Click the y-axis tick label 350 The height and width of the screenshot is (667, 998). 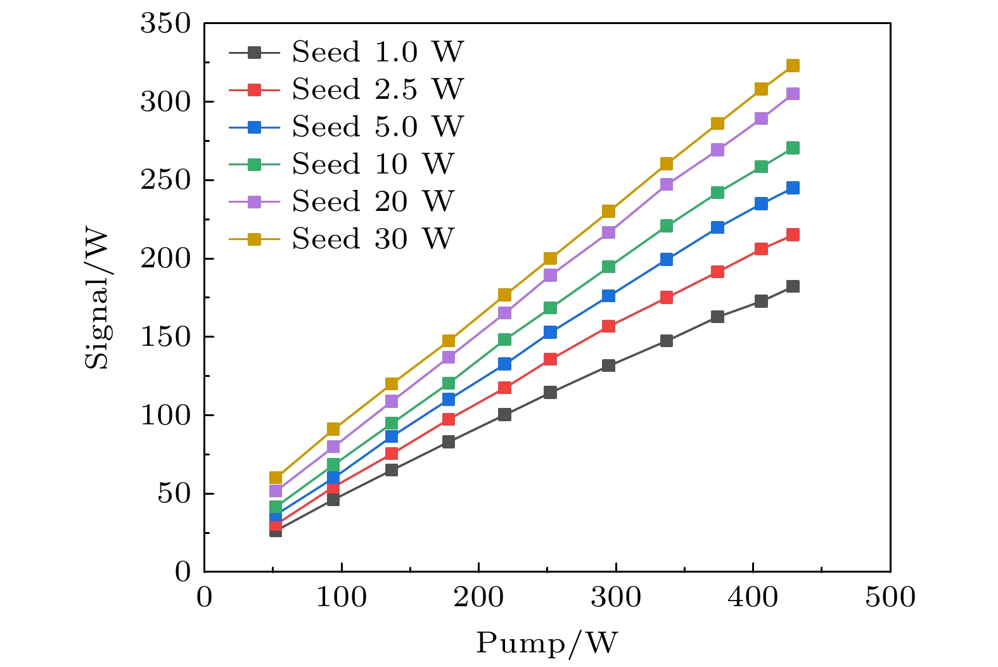tap(165, 24)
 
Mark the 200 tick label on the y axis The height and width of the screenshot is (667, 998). tap(165, 259)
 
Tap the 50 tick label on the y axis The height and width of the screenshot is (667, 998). tap(174, 494)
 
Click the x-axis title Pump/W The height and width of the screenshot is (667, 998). tap(547, 643)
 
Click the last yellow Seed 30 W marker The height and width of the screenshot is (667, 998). tap(793, 66)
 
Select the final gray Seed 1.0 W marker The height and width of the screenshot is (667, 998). tap(793, 286)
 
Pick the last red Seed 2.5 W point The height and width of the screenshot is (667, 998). tap(793, 235)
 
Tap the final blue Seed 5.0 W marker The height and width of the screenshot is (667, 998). tap(793, 188)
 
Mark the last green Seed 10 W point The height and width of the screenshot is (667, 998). tap(793, 148)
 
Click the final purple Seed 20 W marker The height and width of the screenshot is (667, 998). tap(793, 94)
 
